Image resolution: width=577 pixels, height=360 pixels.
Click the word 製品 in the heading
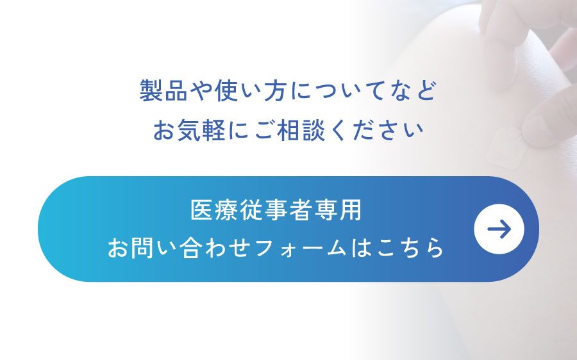tap(163, 90)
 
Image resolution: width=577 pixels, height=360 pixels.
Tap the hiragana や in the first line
tap(201, 90)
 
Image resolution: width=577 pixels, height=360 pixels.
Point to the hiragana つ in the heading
tap(326, 91)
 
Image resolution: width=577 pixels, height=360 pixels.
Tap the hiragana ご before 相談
tap(265, 130)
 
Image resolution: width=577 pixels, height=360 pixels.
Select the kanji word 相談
tap(301, 130)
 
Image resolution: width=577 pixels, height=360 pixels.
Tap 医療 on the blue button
tap(215, 210)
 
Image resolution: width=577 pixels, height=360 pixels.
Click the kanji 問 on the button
tap(143, 247)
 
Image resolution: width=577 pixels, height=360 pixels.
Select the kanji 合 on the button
tap(191, 247)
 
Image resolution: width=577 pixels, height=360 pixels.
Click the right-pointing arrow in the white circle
tap(499, 229)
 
